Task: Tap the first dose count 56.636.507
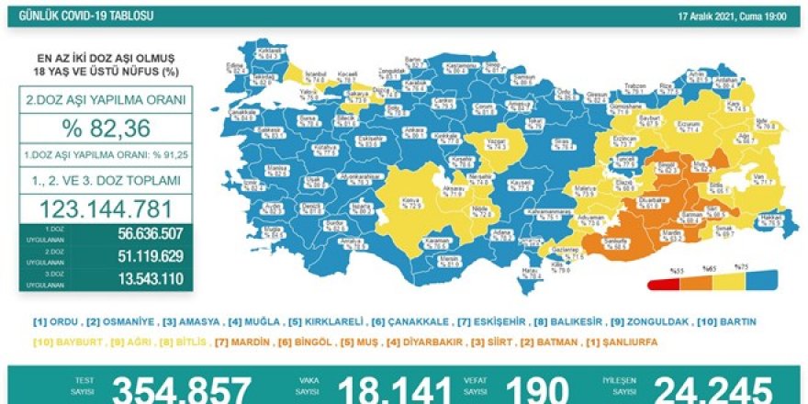point(147,233)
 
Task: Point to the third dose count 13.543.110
point(147,277)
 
